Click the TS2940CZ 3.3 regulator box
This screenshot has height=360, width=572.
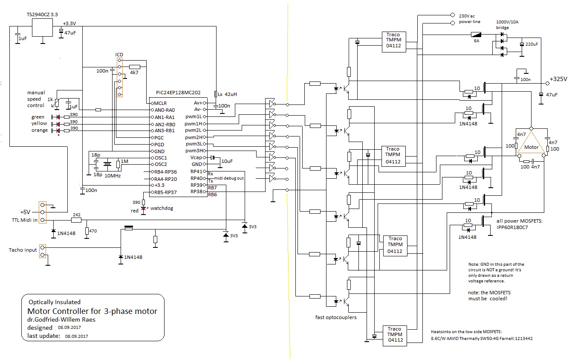coord(42,27)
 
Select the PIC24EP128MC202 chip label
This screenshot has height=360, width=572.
coord(178,93)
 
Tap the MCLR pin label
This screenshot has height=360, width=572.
coord(160,103)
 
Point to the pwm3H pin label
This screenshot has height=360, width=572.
coord(194,151)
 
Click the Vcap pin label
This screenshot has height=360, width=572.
coord(196,157)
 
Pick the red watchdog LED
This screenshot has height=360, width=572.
coord(144,209)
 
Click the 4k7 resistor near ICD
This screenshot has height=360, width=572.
coord(135,67)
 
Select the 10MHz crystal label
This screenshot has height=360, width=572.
coord(113,176)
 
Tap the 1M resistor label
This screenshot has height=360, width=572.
coord(124,161)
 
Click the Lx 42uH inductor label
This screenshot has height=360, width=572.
coord(227,94)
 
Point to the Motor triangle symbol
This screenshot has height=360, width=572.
coord(531,142)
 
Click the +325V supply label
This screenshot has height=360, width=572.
coord(558,79)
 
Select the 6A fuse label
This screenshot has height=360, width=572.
coord(477,41)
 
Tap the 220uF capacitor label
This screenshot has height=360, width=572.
coord(532,44)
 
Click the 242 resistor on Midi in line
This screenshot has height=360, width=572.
coord(76,220)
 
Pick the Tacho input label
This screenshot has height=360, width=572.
coord(23,250)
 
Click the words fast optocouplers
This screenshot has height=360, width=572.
coord(336,317)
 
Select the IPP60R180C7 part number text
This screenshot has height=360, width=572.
coord(512,227)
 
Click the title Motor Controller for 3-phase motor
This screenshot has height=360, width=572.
coord(92,311)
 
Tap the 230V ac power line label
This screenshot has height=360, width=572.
coord(469,19)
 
